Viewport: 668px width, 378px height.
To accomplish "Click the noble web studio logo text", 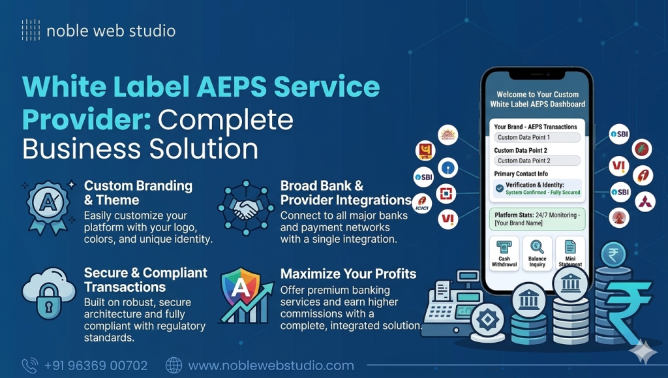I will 111,31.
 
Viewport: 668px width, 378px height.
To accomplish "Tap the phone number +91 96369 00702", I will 95,366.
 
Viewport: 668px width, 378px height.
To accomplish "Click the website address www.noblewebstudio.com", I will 271,366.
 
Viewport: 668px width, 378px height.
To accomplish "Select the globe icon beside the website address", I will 174,365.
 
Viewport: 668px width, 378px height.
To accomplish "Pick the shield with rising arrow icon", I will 245,295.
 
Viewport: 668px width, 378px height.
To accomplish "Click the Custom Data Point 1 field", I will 537,138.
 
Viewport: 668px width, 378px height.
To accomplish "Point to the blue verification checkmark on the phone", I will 499,188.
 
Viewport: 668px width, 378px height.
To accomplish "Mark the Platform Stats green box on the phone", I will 537,219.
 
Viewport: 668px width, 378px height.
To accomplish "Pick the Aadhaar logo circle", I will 448,134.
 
